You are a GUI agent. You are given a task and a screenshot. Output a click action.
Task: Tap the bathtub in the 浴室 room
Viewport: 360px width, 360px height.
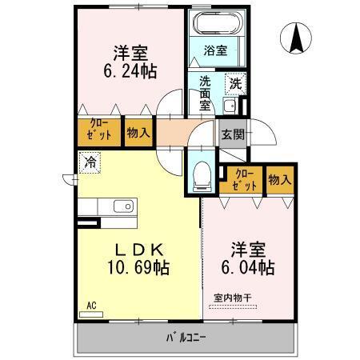(x=214, y=25)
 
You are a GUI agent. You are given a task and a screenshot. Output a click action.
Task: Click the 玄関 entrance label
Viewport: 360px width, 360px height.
(x=234, y=134)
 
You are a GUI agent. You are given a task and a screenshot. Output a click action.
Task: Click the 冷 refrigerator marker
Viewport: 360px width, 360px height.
(x=89, y=160)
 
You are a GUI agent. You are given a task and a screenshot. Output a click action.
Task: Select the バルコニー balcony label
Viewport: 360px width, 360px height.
(x=186, y=336)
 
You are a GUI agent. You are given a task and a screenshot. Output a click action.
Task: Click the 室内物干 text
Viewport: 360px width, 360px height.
(x=232, y=298)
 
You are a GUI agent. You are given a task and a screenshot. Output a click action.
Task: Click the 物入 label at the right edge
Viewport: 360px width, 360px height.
(x=279, y=179)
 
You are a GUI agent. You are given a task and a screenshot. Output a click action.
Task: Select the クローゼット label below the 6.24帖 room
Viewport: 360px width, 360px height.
(x=98, y=133)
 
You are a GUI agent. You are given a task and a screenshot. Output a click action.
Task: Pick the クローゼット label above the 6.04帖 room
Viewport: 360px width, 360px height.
(x=245, y=179)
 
